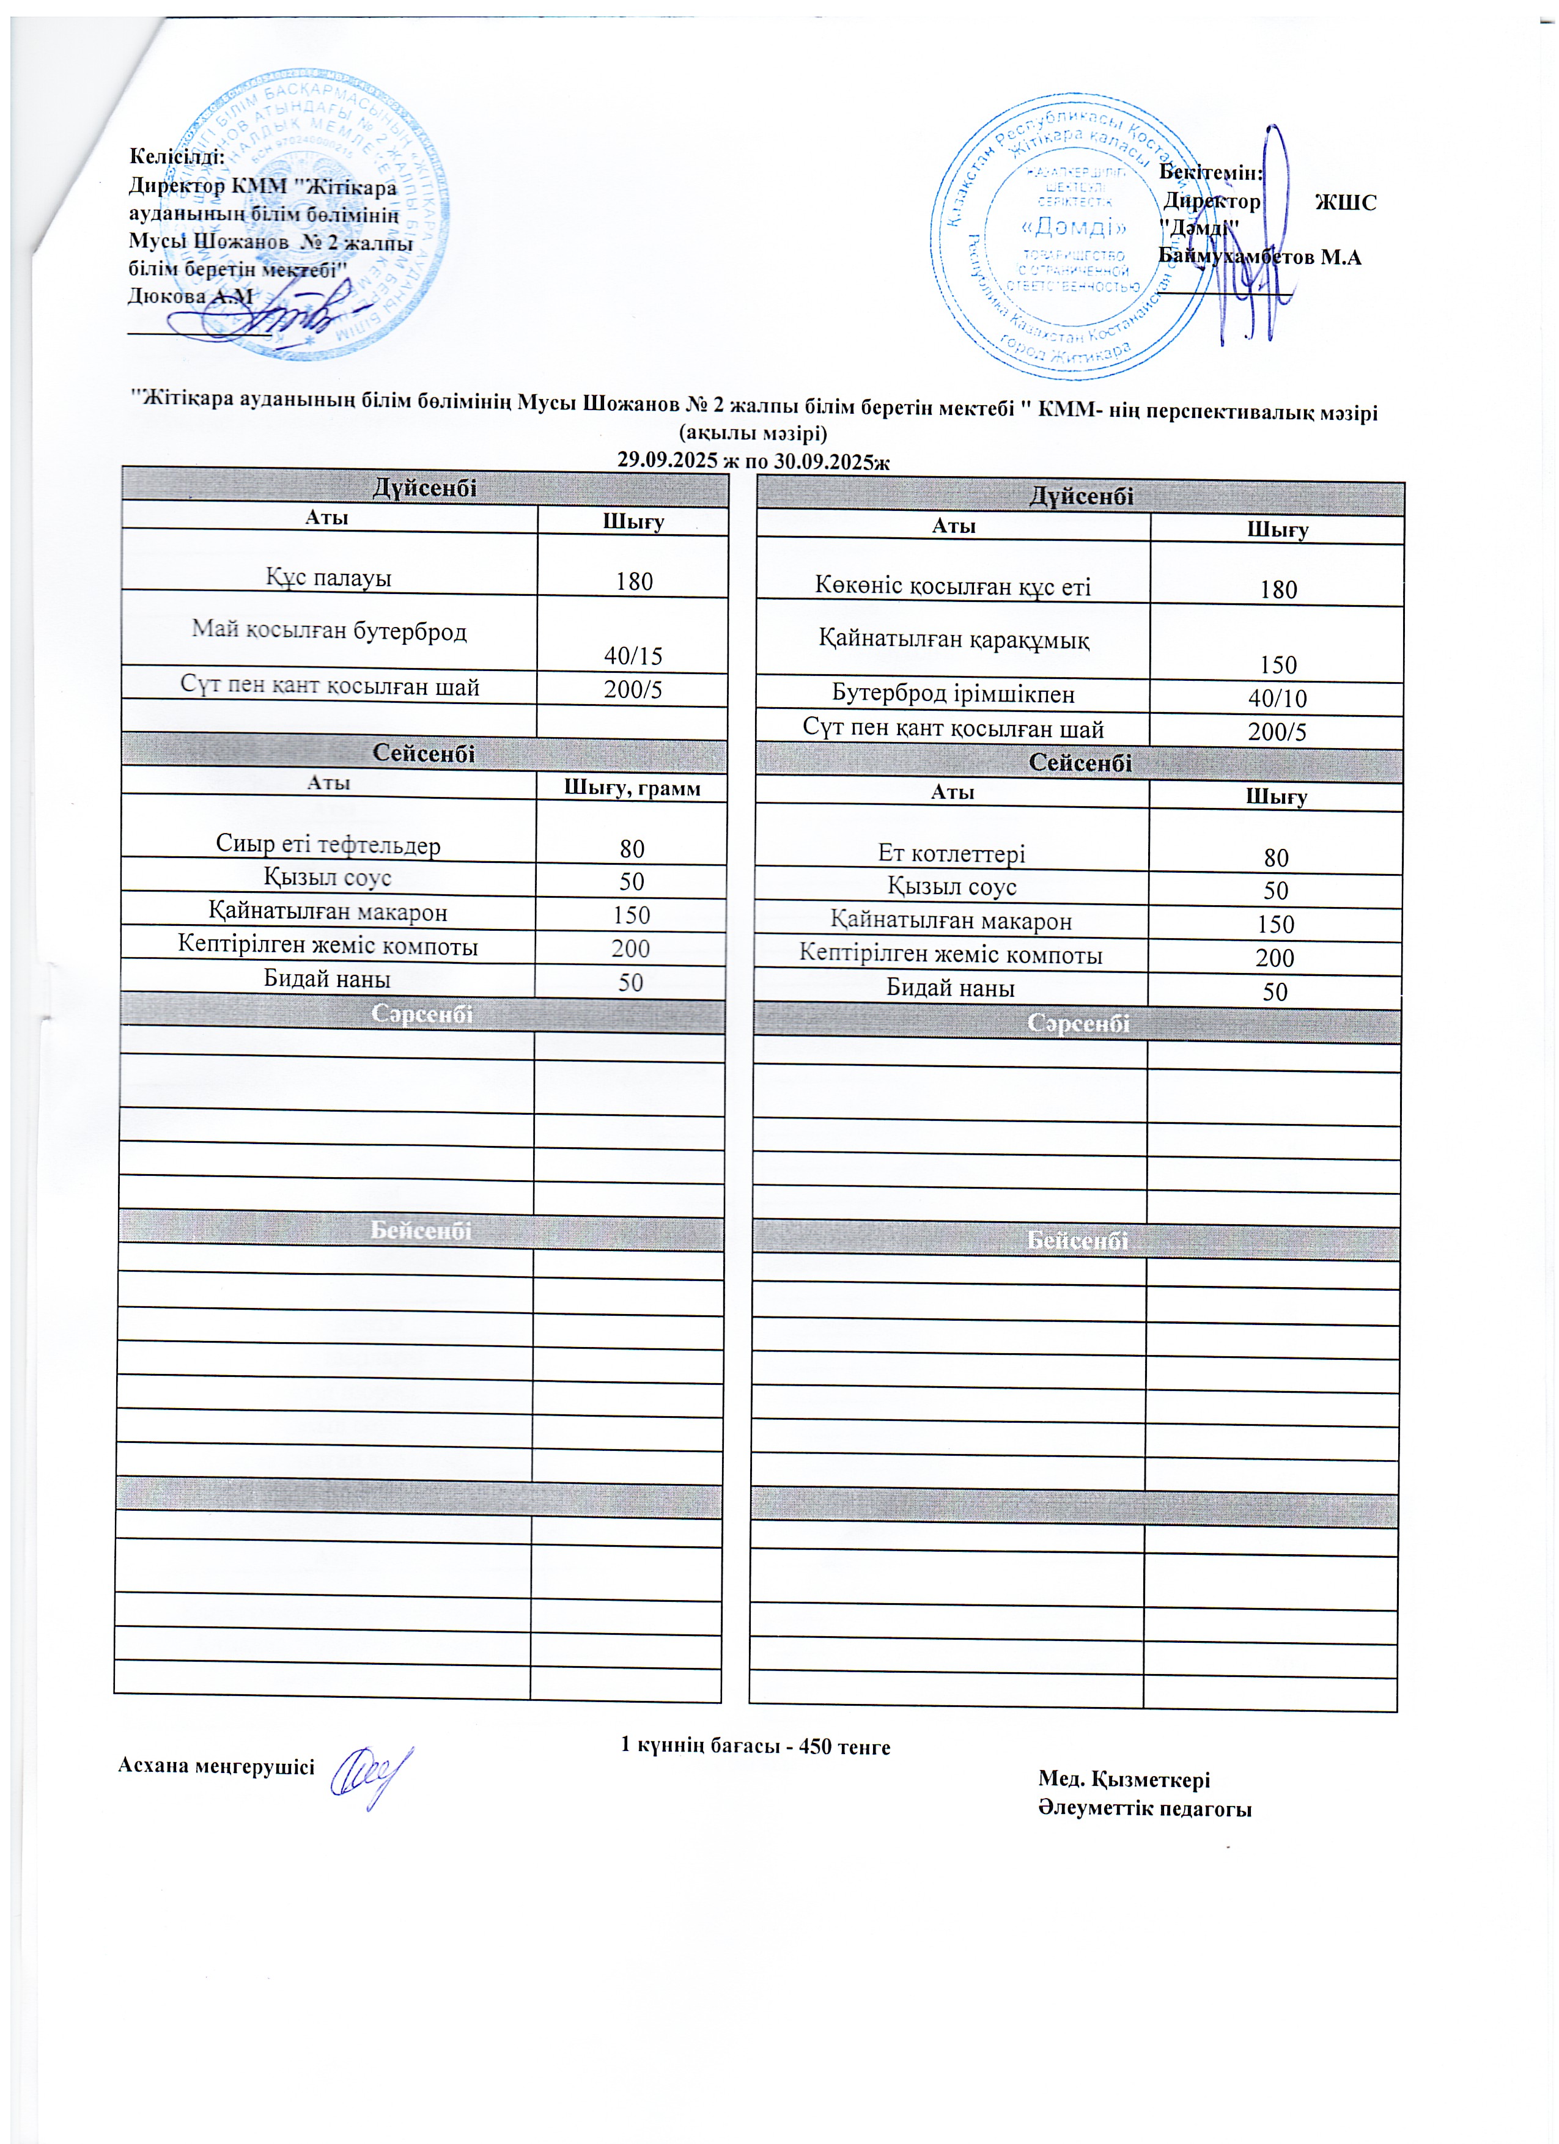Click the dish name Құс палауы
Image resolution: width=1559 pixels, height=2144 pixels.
328,578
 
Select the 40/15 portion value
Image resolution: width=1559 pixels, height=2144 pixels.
633,655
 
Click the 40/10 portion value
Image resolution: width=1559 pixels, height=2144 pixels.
1277,699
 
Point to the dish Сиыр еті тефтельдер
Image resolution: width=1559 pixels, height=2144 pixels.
328,844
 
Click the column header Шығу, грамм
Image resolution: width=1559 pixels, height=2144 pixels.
632,787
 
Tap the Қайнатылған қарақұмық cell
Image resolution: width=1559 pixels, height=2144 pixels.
953,640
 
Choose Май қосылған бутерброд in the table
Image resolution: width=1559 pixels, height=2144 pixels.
329,631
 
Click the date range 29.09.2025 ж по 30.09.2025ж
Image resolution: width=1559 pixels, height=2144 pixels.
753,460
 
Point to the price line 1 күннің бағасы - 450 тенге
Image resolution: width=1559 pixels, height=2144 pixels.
754,1745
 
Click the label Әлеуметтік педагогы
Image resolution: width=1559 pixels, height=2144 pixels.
1144,1808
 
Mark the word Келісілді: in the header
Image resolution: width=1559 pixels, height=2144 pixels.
177,156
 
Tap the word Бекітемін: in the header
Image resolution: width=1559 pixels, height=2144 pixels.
1211,173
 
